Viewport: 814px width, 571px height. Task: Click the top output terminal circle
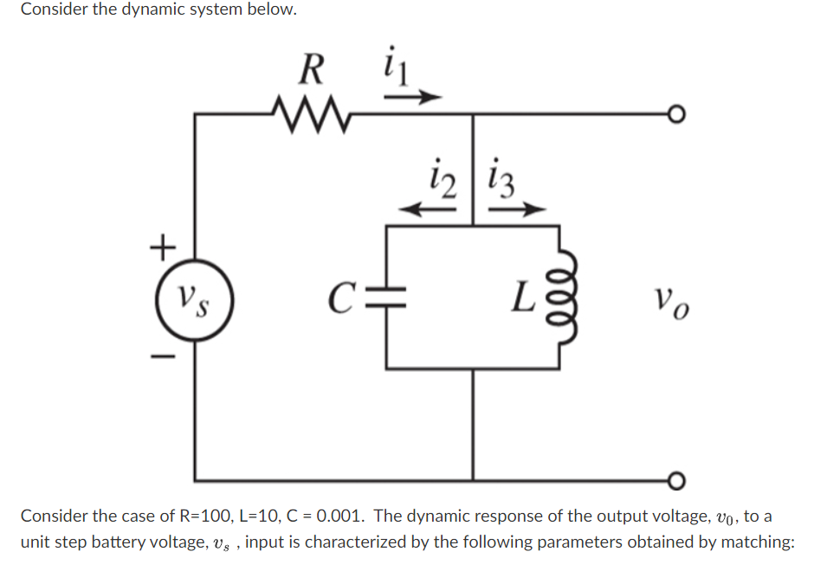[x=675, y=113]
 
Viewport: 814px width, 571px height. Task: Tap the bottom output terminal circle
[x=675, y=480]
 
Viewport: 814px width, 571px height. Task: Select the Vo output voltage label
[x=673, y=300]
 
